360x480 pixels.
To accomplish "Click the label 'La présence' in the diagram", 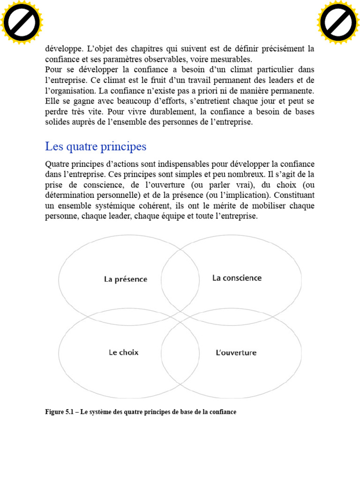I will (x=126, y=279).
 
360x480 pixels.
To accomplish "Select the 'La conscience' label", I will (x=237, y=278).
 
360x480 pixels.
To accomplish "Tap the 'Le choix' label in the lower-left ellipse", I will (x=124, y=352).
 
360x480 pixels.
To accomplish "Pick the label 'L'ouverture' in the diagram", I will (x=236, y=352).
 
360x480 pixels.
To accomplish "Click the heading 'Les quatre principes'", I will (x=96, y=147).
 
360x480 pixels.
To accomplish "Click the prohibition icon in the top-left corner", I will (x=22, y=22).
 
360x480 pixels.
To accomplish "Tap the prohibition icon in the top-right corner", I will (x=338, y=22).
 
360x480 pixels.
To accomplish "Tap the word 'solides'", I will (x=57, y=122).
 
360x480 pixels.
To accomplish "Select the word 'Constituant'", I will (x=294, y=195).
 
